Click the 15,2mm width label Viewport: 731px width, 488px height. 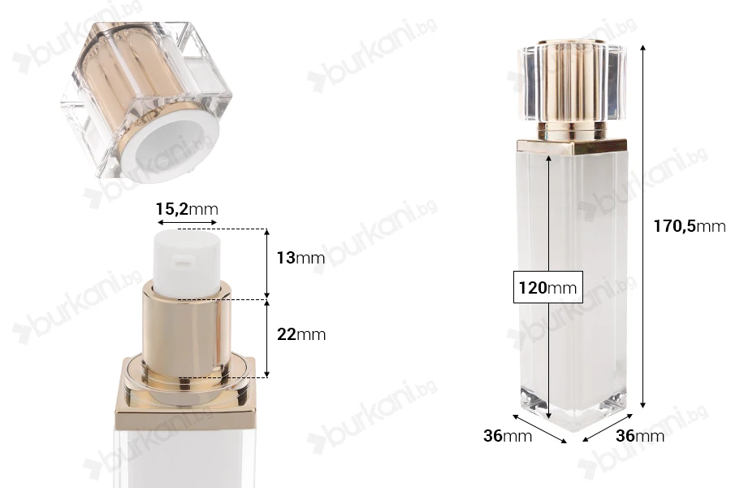pyautogui.click(x=187, y=209)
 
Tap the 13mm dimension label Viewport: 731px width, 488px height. pyautogui.click(x=301, y=257)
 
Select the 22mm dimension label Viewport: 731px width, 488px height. pyautogui.click(x=301, y=334)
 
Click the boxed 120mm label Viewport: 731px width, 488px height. pyautogui.click(x=547, y=287)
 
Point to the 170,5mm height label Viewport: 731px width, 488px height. pyautogui.click(x=690, y=226)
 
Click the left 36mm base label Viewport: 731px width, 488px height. pyautogui.click(x=508, y=436)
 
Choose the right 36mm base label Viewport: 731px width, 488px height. pyautogui.click(x=640, y=436)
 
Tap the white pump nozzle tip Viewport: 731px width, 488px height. pyautogui.click(x=187, y=262)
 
